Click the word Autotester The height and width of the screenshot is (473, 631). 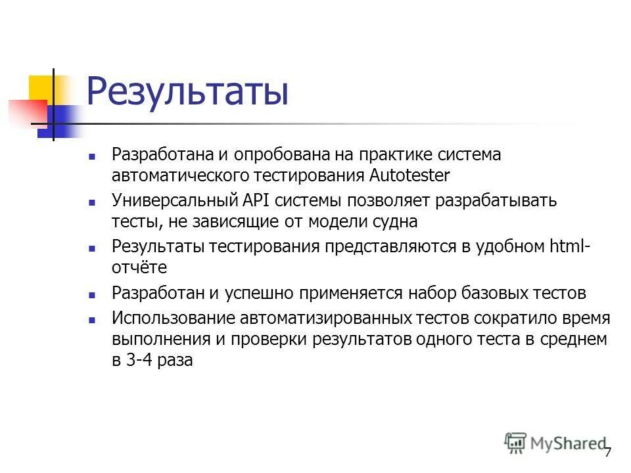409,176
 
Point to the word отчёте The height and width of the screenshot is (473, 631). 139,267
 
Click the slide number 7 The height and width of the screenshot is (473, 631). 608,452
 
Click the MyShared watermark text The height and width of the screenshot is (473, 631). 567,443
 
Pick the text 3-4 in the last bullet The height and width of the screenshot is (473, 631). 143,361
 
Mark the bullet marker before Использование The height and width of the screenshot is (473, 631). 92,320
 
